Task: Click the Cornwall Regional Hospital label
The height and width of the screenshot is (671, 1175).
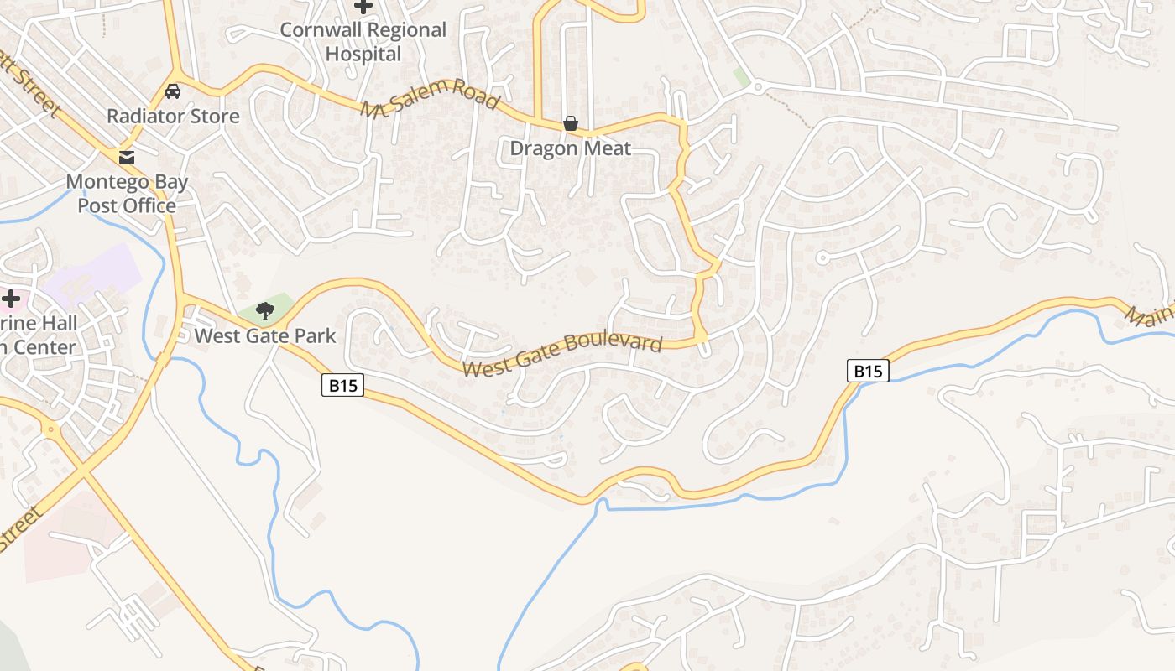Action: [x=363, y=42]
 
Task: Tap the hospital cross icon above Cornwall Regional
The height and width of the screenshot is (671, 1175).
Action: [x=363, y=7]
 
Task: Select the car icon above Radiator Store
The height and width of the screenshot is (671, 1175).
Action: [x=173, y=91]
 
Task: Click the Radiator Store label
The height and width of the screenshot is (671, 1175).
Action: [x=173, y=117]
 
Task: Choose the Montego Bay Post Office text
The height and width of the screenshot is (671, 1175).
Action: [x=127, y=194]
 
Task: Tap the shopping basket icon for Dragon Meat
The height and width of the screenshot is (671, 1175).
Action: [x=571, y=124]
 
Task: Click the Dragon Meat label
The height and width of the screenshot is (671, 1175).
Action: [x=571, y=149]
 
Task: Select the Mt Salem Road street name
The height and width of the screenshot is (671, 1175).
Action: [x=431, y=97]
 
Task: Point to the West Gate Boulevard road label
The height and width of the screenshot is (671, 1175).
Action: [x=562, y=356]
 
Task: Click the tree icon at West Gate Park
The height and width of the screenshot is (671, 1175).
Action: [x=265, y=311]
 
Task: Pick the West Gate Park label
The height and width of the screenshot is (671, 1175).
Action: [x=265, y=336]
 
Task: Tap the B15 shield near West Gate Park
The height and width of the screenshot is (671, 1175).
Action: [x=342, y=386]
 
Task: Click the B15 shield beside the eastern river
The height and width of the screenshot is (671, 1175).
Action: [x=867, y=371]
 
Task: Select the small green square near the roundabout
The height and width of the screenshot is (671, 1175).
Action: [x=740, y=76]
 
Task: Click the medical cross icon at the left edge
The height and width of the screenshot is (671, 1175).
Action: [x=11, y=298]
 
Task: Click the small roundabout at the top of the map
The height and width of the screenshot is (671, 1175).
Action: [x=757, y=86]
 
